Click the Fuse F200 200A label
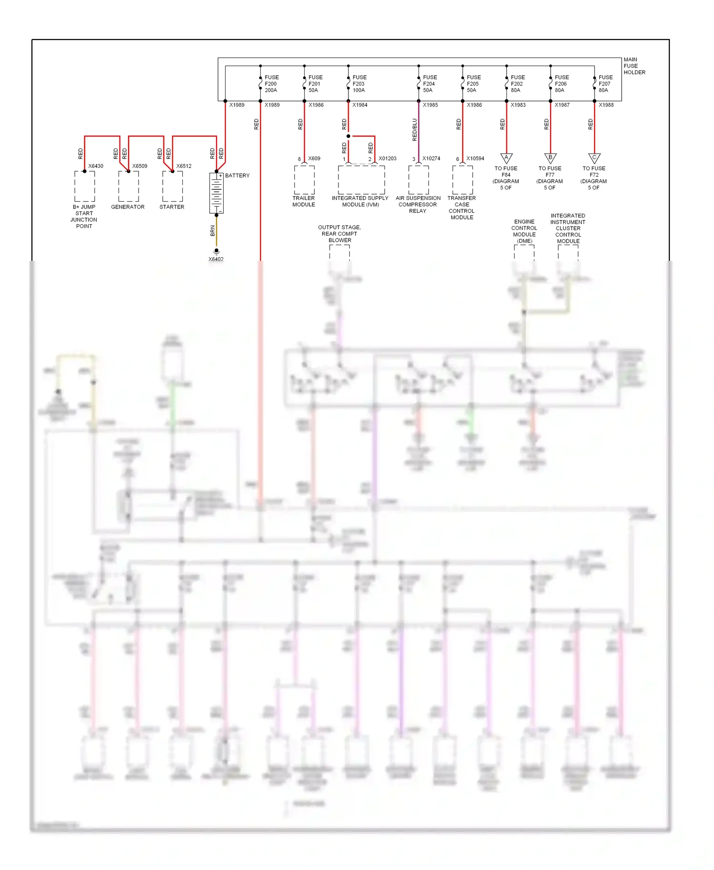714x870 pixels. click(x=271, y=84)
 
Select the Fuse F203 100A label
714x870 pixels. click(x=359, y=84)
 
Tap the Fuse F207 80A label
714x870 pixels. click(x=605, y=84)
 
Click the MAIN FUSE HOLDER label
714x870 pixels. click(x=634, y=66)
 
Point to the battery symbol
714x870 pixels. click(x=216, y=193)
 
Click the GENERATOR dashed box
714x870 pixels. click(x=129, y=186)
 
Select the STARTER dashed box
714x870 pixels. click(x=172, y=186)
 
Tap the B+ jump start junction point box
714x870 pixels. click(x=85, y=186)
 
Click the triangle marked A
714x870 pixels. click(x=506, y=158)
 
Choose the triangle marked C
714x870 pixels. click(x=594, y=158)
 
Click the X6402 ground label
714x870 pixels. click(x=216, y=259)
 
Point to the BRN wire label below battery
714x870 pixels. click(x=212, y=231)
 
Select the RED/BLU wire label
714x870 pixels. click(x=414, y=130)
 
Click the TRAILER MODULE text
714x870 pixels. click(x=304, y=201)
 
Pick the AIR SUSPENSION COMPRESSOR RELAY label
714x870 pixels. click(x=418, y=205)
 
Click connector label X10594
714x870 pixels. click(x=475, y=158)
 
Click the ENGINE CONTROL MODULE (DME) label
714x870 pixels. click(x=524, y=231)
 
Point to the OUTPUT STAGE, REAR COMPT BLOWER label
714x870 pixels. click(x=339, y=234)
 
